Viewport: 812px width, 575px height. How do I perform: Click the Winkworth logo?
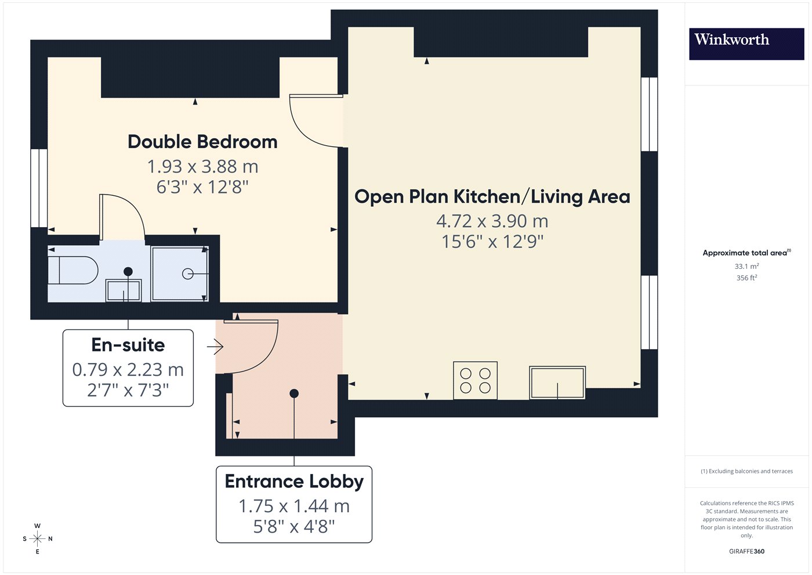(x=746, y=44)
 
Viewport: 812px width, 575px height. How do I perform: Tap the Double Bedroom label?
(x=202, y=142)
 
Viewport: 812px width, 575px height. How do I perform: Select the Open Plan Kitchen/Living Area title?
(x=492, y=197)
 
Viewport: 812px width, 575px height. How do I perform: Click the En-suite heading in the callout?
(x=128, y=345)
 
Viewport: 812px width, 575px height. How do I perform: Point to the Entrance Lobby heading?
(x=294, y=481)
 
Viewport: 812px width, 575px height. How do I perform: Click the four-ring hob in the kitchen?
(x=475, y=380)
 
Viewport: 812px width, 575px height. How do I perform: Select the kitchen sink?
(x=557, y=383)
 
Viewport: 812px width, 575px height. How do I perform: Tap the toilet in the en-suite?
(x=73, y=270)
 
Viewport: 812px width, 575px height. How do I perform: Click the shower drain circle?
(x=187, y=274)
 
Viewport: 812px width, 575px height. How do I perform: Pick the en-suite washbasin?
(x=123, y=290)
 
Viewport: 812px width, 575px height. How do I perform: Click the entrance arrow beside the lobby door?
(x=215, y=347)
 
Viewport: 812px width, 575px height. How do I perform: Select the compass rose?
(x=37, y=539)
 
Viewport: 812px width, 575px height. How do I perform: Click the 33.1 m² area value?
(x=747, y=267)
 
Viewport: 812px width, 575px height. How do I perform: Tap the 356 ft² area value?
(x=747, y=278)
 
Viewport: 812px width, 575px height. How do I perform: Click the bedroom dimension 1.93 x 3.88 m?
(x=202, y=167)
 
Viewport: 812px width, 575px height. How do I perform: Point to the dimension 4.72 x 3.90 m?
(x=492, y=221)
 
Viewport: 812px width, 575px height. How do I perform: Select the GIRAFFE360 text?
(x=747, y=551)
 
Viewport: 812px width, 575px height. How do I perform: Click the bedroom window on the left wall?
(x=39, y=188)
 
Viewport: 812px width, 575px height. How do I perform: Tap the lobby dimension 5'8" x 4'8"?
(x=294, y=527)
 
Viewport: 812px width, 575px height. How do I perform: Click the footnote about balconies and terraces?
(x=747, y=471)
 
